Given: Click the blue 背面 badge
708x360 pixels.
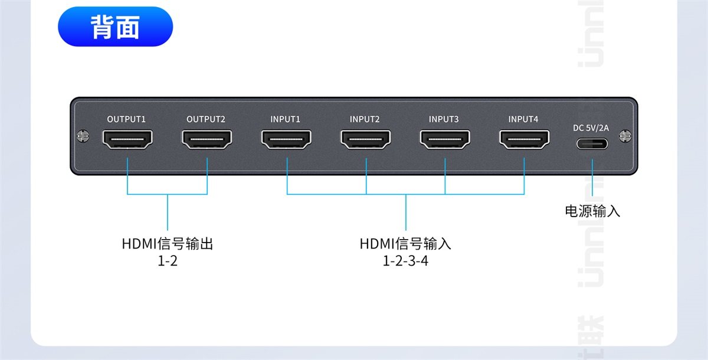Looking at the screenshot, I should tap(115, 27).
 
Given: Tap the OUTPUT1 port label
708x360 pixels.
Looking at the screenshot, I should tap(126, 119).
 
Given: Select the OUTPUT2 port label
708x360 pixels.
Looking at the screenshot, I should tap(206, 119).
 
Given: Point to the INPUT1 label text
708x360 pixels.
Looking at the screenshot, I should tap(286, 119).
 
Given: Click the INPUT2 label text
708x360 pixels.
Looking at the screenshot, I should tap(365, 119).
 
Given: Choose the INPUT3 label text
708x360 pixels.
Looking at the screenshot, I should tap(444, 119).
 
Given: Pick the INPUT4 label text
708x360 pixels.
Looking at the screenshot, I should tap(523, 119).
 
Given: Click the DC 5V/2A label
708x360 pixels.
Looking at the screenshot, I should tap(591, 127).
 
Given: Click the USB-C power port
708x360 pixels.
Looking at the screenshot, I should tap(592, 143).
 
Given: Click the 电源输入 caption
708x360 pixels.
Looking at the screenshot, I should tap(592, 211).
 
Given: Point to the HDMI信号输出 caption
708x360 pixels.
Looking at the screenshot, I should tap(168, 244).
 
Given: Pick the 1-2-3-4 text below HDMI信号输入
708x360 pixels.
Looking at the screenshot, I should tap(405, 260).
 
